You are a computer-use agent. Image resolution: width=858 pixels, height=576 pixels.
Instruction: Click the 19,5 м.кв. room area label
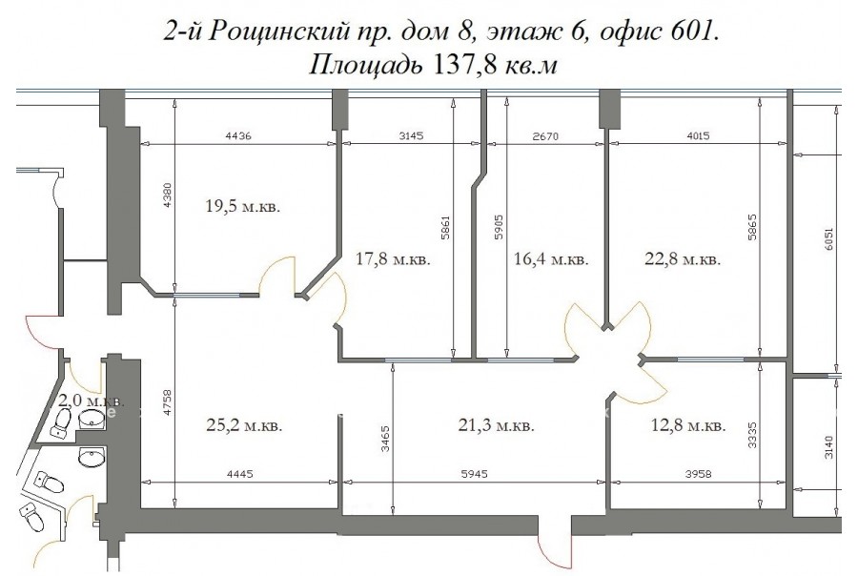243,206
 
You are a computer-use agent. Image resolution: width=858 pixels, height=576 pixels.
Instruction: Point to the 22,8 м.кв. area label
683,258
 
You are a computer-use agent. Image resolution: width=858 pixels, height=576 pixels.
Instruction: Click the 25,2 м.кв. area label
245,425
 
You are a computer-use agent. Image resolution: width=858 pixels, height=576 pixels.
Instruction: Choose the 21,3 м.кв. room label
496,425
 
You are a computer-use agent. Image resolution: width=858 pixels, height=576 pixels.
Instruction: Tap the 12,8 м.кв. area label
688,425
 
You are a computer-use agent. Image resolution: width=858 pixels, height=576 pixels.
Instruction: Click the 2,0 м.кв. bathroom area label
92,401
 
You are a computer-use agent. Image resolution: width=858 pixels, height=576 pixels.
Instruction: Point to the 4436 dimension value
238,135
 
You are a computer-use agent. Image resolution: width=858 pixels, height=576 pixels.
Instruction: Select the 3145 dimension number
411,135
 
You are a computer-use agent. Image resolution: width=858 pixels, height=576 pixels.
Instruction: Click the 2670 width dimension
545,135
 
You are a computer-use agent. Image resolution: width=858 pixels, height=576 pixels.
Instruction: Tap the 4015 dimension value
698,135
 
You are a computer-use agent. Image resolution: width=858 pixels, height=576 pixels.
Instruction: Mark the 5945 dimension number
475,474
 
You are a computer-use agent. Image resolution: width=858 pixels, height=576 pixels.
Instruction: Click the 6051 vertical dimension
829,239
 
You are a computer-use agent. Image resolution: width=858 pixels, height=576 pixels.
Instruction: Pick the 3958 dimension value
699,474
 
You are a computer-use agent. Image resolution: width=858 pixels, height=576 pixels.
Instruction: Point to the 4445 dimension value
240,474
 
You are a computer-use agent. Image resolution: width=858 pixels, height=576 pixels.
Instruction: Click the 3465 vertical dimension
386,439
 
